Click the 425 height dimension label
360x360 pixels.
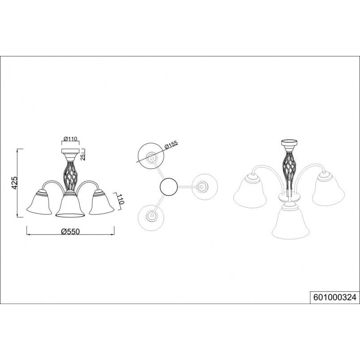[14, 183]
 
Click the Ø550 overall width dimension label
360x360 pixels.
[70, 231]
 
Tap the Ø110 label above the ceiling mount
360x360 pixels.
[70, 139]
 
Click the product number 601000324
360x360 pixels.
[335, 297]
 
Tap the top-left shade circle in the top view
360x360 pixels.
[151, 157]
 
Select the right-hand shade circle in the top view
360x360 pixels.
[204, 187]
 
